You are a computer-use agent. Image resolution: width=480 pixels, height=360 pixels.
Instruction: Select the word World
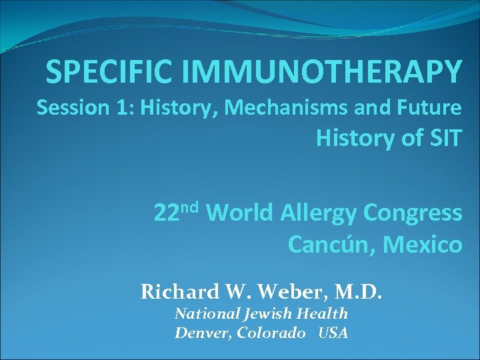[239, 213]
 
